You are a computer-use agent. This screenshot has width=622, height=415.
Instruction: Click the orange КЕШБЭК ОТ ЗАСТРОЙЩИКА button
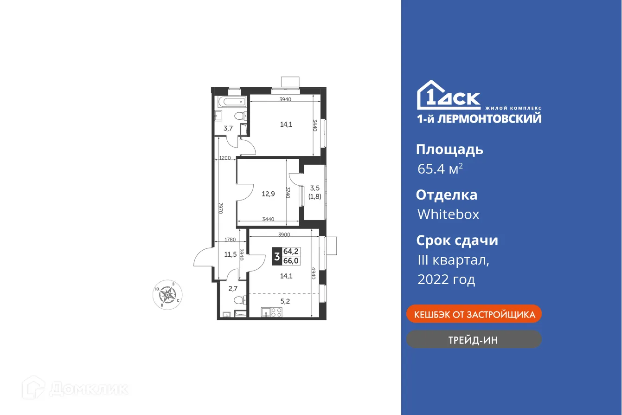(474, 314)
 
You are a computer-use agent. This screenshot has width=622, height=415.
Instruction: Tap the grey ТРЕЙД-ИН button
(474, 339)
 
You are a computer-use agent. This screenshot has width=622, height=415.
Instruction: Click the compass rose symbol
(167, 294)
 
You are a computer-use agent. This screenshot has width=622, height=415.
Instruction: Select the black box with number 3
(277, 256)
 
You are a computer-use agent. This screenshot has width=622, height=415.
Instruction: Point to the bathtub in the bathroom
(230, 102)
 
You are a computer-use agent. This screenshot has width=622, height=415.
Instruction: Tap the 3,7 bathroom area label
(228, 129)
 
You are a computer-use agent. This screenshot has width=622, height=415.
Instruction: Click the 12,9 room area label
(268, 194)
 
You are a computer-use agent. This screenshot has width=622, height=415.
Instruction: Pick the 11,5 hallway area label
(231, 254)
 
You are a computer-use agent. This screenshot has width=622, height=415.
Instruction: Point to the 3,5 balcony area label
(315, 188)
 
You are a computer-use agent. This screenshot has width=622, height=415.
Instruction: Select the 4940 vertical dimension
(314, 275)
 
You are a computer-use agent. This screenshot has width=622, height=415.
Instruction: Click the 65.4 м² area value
(440, 169)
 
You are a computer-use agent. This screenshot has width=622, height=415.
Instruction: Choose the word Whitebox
(448, 214)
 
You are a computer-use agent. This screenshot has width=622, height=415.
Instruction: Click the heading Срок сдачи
(457, 240)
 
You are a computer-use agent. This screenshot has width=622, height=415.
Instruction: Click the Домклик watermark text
(88, 389)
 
